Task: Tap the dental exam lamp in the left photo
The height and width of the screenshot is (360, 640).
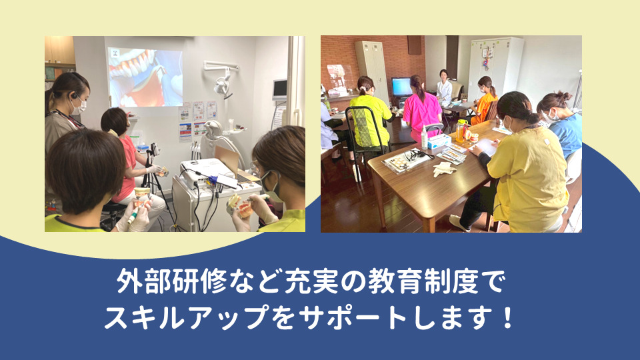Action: point(221,83)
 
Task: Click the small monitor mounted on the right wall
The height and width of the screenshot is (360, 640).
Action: point(279,90)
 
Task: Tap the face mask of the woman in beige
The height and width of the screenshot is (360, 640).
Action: point(79,105)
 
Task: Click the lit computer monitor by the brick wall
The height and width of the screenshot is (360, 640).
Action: point(401,87)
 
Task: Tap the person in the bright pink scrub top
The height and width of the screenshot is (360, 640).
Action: point(421,113)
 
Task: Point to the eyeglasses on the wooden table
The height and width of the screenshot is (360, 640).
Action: point(415,155)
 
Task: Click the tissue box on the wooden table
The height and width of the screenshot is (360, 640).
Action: point(439,141)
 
